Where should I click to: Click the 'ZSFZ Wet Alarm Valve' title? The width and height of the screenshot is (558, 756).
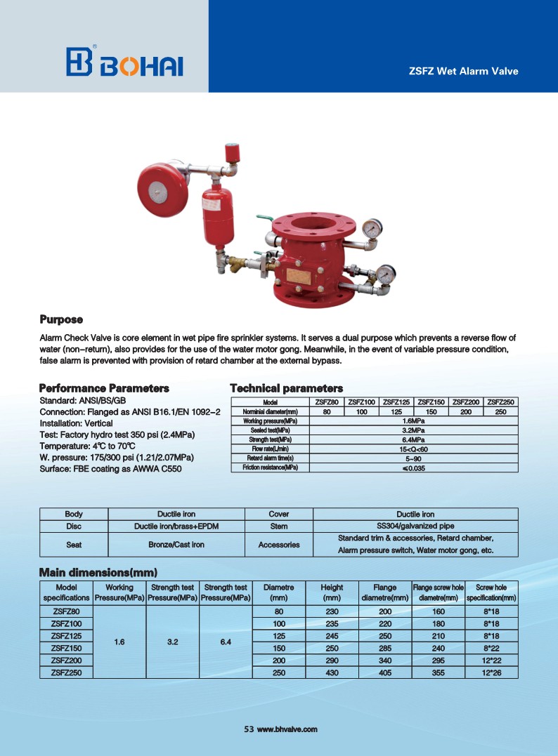(463, 71)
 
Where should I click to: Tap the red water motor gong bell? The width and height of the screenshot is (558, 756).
(160, 186)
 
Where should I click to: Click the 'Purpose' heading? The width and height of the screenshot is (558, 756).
(61, 320)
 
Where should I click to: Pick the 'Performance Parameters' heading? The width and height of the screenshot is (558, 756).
(104, 387)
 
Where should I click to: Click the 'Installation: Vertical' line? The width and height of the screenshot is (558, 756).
(76, 423)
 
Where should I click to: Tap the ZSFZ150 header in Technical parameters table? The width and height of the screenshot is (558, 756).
(432, 402)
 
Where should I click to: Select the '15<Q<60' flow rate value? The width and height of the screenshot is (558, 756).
(413, 449)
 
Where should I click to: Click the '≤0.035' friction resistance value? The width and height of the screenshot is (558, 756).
(413, 467)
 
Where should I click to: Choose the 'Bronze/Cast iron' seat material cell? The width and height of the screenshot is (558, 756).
(176, 544)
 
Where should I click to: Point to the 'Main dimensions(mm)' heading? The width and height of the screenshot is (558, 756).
(98, 572)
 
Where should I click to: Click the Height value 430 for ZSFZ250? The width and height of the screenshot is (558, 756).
(332, 672)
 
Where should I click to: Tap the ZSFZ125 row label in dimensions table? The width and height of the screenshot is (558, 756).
(67, 635)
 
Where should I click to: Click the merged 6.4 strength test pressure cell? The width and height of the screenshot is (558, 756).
(226, 642)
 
